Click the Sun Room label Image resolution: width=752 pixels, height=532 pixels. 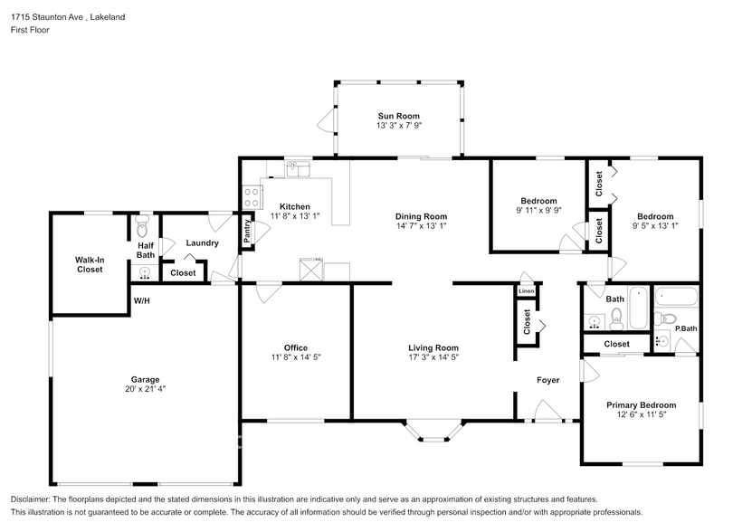point(398,116)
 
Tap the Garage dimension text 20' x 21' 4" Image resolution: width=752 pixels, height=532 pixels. point(146,389)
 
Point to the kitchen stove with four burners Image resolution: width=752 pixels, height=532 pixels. point(252,197)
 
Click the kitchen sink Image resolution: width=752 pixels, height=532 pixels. point(299,169)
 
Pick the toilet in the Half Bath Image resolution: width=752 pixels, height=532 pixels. point(142,227)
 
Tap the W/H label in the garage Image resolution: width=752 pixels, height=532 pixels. point(141,300)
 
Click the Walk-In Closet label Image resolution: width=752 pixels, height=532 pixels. point(90,265)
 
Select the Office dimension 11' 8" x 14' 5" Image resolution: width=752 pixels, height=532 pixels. point(296,357)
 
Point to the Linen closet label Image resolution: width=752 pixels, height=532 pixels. point(526,291)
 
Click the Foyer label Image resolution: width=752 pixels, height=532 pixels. point(547,380)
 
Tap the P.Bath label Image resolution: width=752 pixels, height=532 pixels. point(686,328)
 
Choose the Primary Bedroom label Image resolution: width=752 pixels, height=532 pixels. point(642,404)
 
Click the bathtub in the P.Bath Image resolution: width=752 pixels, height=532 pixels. point(676,297)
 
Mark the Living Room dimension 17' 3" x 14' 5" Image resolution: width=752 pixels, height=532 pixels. point(433,357)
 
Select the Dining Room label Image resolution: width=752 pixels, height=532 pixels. point(421,216)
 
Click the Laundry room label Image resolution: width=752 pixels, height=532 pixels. point(203,243)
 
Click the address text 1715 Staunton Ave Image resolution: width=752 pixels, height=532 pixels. point(47,17)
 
